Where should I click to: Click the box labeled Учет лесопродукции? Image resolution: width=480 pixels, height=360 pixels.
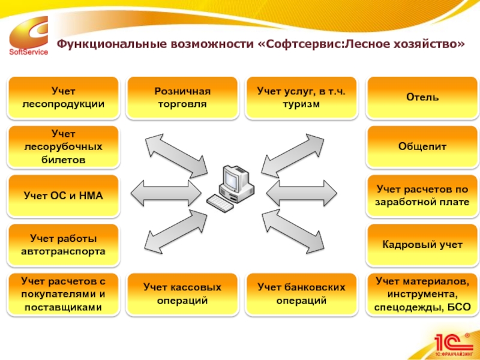click(x=62, y=97)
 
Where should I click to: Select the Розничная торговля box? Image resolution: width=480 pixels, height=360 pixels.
click(x=182, y=97)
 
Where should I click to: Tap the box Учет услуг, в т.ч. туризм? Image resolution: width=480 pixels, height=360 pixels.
click(x=301, y=97)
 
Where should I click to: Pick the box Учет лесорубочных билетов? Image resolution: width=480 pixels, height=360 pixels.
click(x=62, y=146)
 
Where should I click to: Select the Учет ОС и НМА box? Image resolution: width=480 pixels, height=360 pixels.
click(x=62, y=196)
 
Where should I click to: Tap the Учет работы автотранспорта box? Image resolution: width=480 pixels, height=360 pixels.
click(x=62, y=245)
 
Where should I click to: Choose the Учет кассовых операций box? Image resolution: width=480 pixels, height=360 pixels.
click(x=182, y=294)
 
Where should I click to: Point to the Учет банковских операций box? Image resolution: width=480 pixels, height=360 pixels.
click(x=301, y=294)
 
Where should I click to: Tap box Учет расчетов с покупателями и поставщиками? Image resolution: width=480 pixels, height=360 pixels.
click(x=62, y=294)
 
